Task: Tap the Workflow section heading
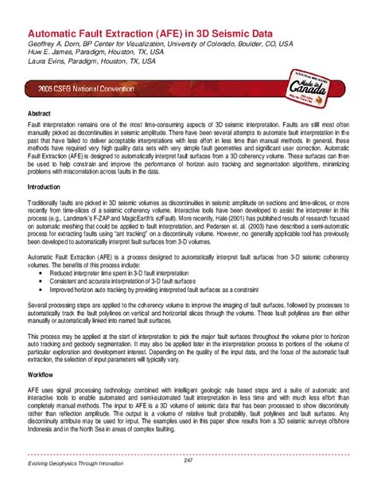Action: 41,373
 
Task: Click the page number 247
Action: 188,463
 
